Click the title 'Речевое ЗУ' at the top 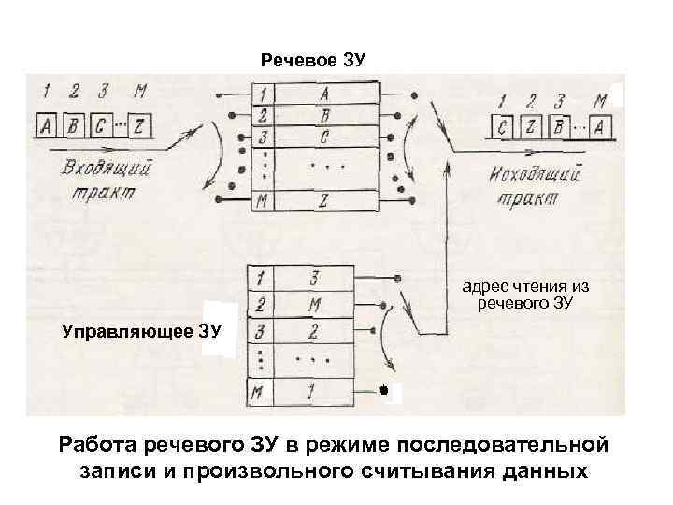(x=312, y=61)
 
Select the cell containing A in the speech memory (x=326, y=94)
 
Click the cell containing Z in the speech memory (x=324, y=200)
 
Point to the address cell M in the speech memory (x=265, y=200)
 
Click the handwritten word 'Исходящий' (x=536, y=175)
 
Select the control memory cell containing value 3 (x=314, y=279)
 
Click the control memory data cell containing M (x=314, y=305)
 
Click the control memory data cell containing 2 (x=314, y=331)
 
